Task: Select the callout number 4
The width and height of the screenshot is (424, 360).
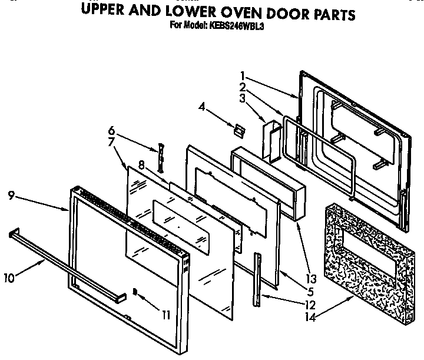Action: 202,107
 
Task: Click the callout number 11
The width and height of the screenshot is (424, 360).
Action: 165,315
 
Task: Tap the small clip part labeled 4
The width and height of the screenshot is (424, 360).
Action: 238,128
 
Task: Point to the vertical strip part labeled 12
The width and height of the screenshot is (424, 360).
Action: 258,280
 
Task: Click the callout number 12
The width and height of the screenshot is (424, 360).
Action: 310,305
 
